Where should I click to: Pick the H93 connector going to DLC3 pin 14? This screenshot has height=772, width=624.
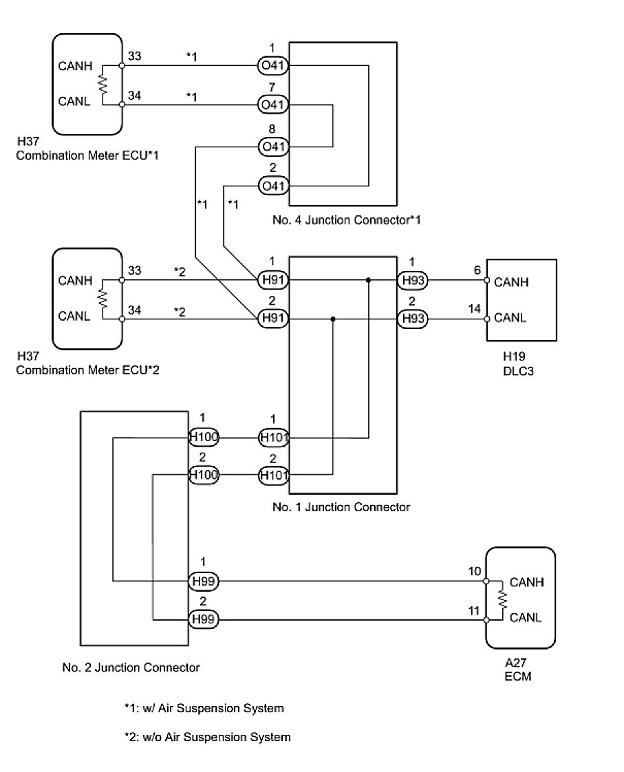coord(412,319)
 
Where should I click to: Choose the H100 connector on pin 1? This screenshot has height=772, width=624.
coord(204,437)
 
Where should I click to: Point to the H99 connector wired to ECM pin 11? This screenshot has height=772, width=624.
coord(204,619)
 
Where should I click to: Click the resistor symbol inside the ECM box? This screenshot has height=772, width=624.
coord(503,599)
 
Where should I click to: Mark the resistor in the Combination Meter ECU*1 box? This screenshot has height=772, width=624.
coord(104,85)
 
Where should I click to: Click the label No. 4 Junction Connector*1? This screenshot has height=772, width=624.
coord(346,221)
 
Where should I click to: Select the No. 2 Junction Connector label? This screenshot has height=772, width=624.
coord(131,667)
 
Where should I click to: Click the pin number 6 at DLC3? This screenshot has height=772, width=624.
coord(477,270)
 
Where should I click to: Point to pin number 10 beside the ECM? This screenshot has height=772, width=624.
coord(474,571)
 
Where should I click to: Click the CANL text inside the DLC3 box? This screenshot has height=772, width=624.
coord(511,318)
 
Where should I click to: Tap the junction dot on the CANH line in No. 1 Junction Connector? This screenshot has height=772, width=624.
coord(369,280)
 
